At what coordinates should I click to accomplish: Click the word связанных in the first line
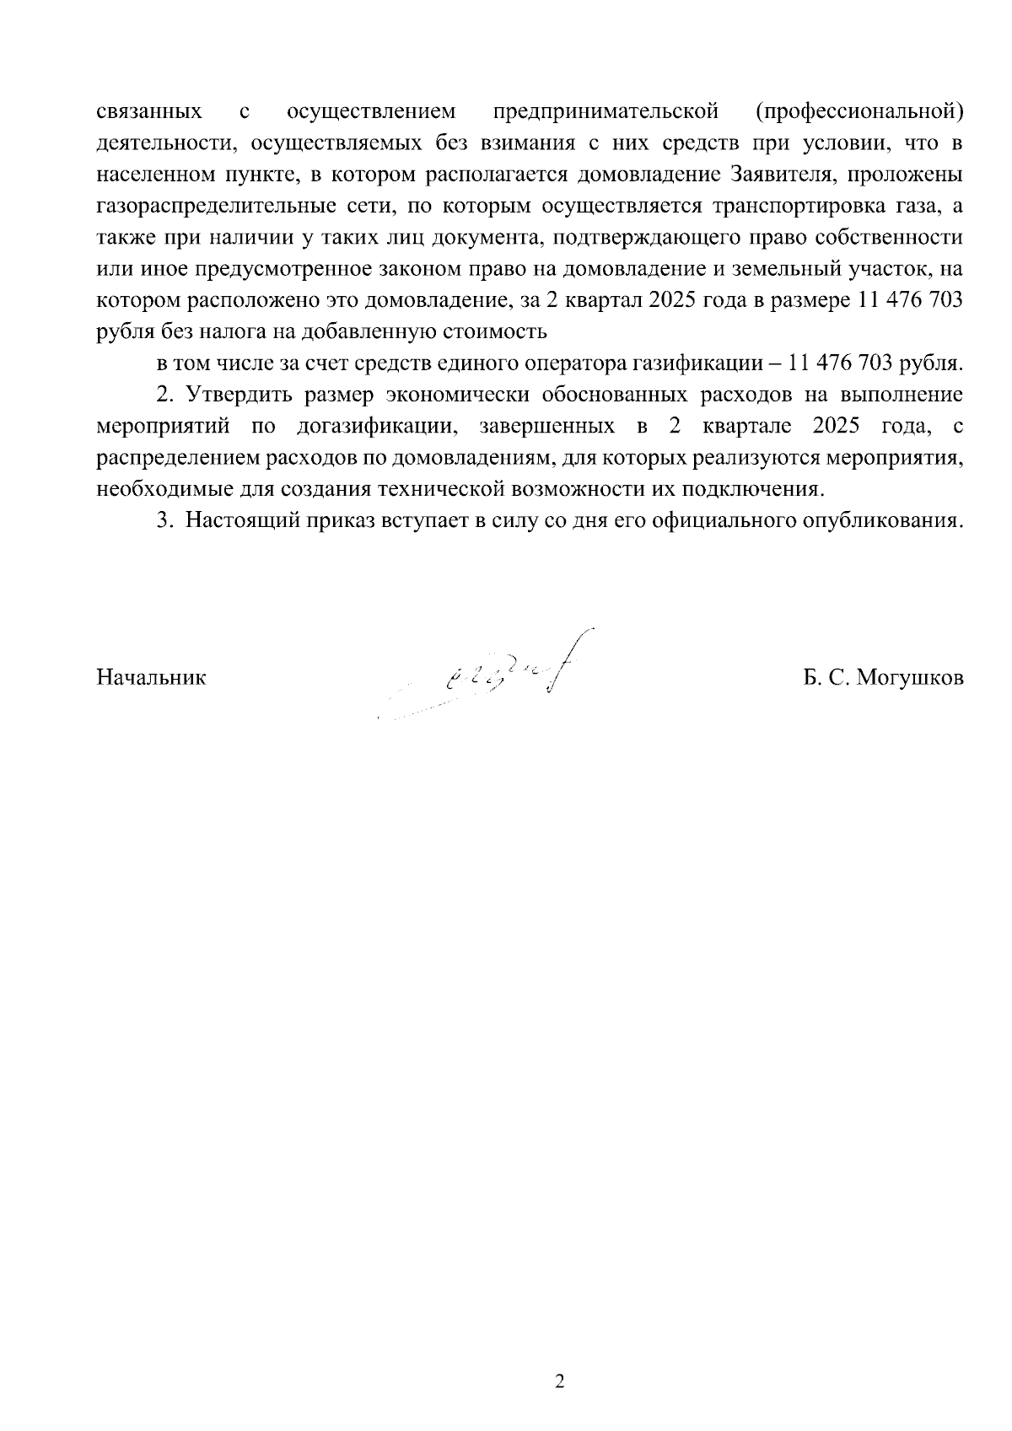pyautogui.click(x=149, y=111)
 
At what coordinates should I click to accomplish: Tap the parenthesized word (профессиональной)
pyautogui.click(x=859, y=111)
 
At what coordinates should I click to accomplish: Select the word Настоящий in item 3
pyautogui.click(x=240, y=521)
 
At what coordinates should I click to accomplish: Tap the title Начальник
pyautogui.click(x=151, y=678)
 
